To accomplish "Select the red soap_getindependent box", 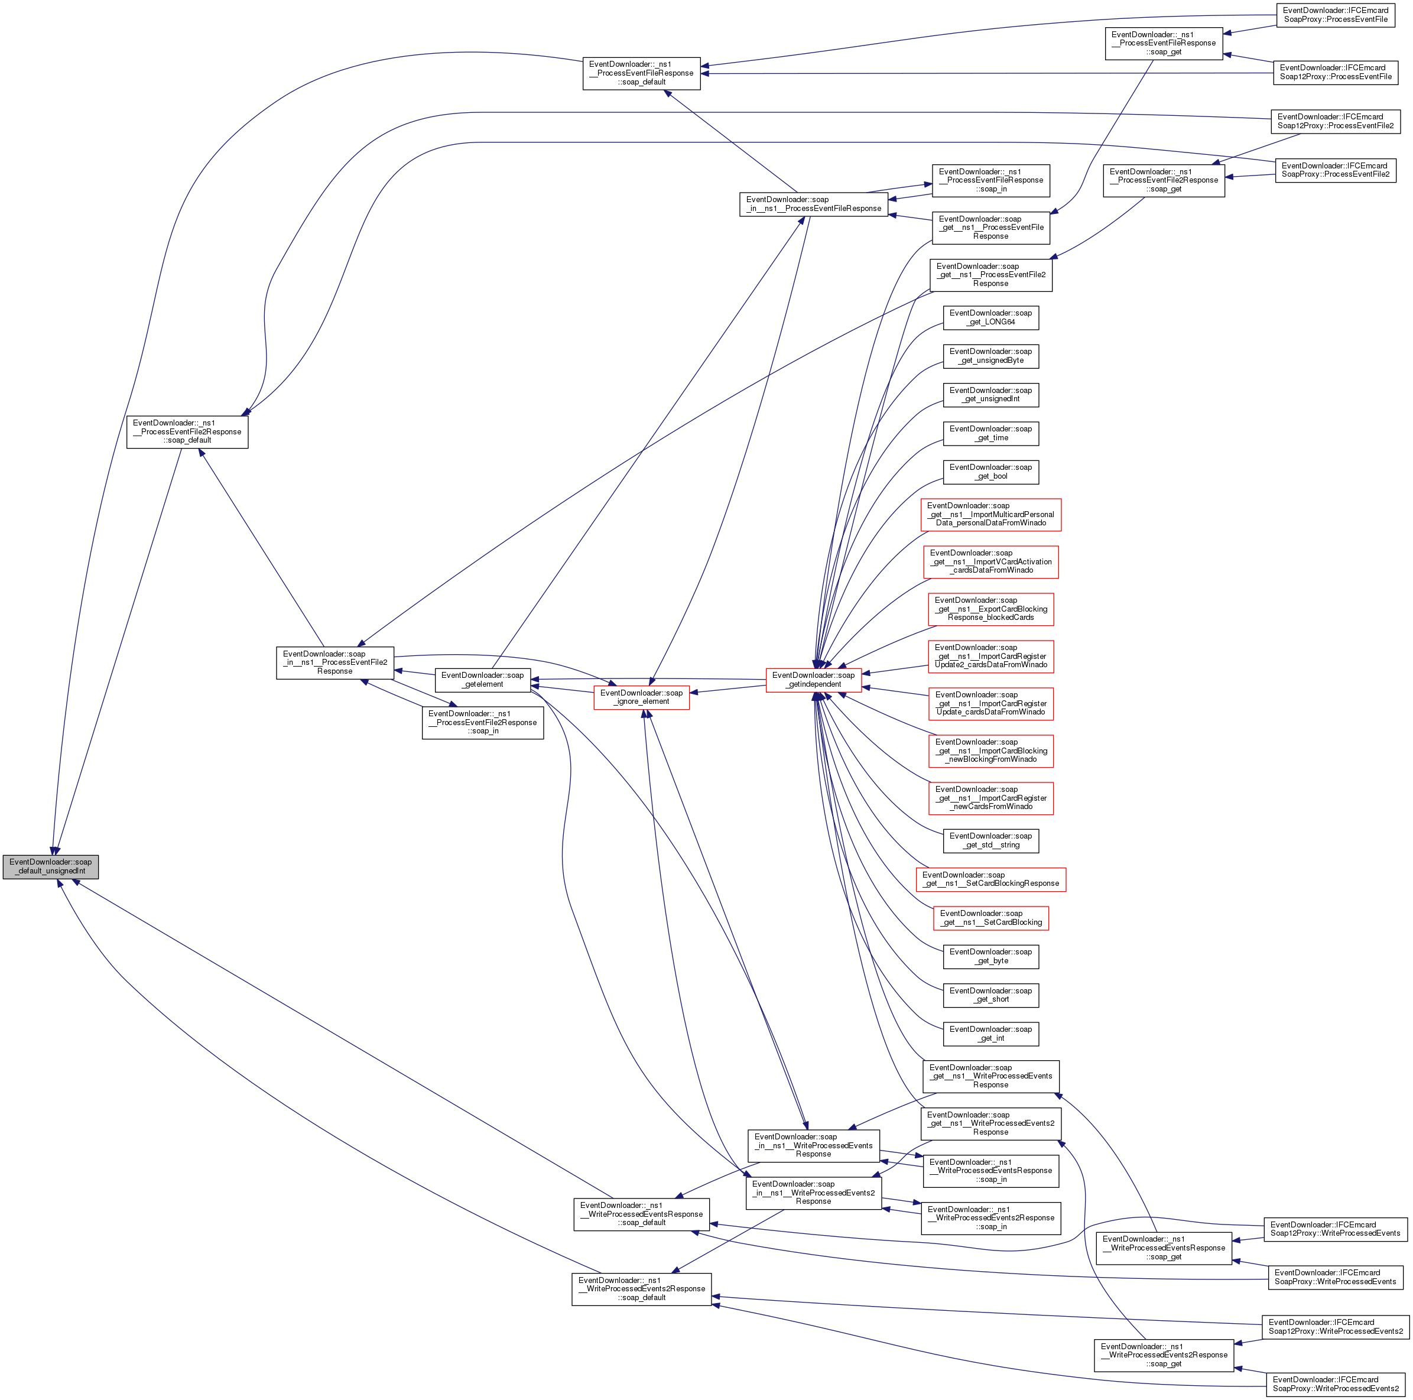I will coord(813,680).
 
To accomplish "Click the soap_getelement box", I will coord(483,680).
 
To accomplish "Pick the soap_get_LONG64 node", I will coord(990,317).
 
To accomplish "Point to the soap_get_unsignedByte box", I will coord(990,356).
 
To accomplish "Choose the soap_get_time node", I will coord(990,433).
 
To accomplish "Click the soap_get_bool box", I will coord(990,472).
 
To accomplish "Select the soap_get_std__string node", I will coord(990,840).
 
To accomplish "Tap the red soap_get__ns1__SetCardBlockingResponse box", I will coord(990,879).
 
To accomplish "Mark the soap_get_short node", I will coord(990,995).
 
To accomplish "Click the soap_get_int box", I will coord(990,1034).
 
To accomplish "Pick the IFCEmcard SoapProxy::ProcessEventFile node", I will coord(1336,15).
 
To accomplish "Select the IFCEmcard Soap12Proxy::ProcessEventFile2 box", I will coord(1336,121).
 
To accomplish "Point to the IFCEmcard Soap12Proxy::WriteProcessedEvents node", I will coord(1335,1229).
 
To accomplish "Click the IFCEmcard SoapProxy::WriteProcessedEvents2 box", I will coord(1336,1384).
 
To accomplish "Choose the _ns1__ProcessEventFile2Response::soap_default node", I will coord(187,431).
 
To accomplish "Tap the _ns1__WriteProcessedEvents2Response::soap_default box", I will coord(641,1289).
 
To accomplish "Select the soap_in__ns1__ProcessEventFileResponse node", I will coord(813,204).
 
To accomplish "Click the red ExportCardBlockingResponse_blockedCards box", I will coord(990,609).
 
